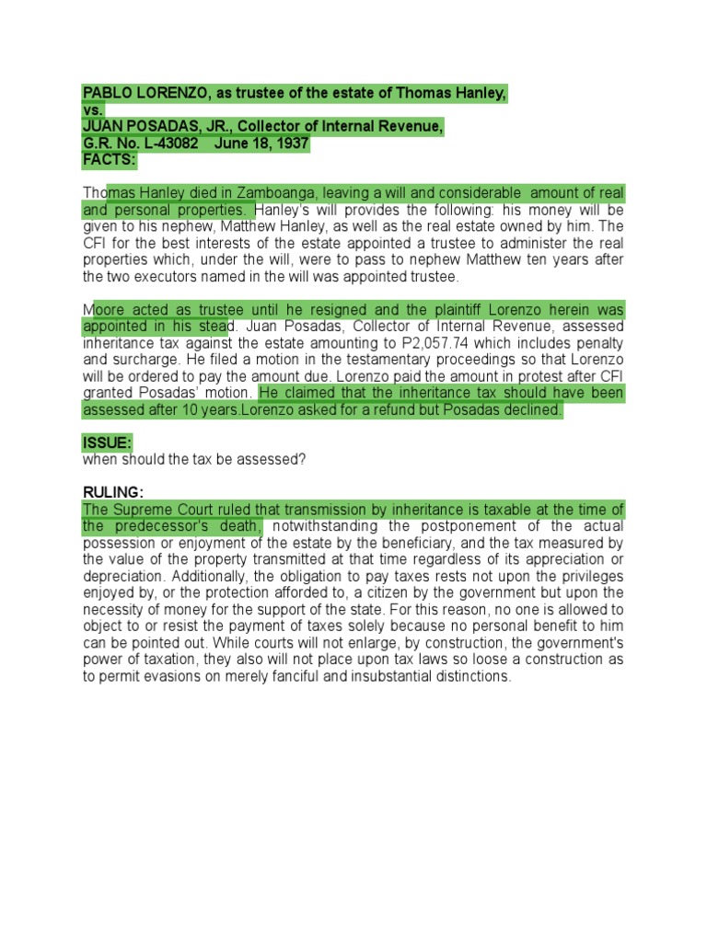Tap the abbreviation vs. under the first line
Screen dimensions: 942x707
pyautogui.click(x=93, y=110)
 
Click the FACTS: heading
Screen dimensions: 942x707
pyautogui.click(x=109, y=160)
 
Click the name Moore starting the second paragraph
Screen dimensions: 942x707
pyautogui.click(x=106, y=310)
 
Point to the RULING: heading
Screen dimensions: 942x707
pyautogui.click(x=112, y=492)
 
